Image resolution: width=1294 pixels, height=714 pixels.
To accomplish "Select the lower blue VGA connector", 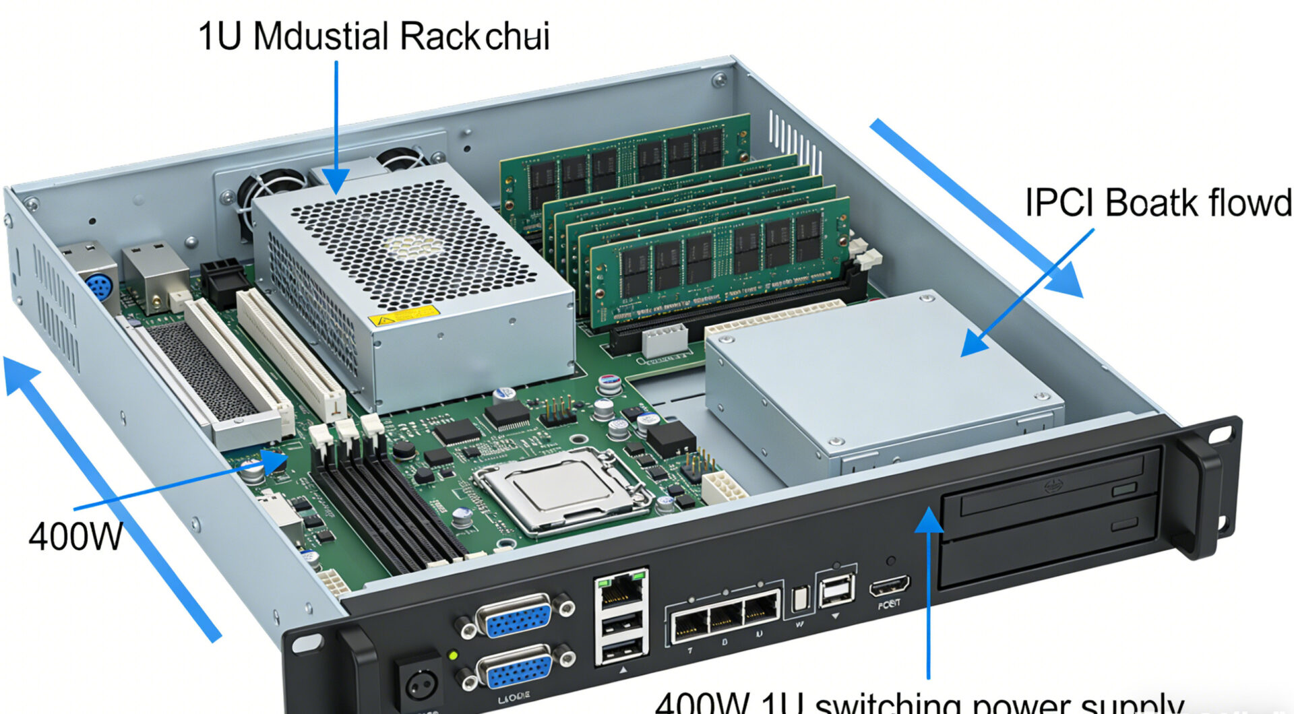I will click(x=516, y=668).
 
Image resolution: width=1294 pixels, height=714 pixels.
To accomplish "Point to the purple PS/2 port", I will click(x=98, y=287).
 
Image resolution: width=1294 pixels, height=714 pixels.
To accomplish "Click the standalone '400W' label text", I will click(x=75, y=537).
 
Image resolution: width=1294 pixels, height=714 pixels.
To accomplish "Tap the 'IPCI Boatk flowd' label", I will click(x=1158, y=203).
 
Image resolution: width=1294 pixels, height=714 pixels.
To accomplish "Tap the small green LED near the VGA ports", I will click(x=453, y=654).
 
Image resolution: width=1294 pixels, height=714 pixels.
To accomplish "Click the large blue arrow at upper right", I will click(x=977, y=209).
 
